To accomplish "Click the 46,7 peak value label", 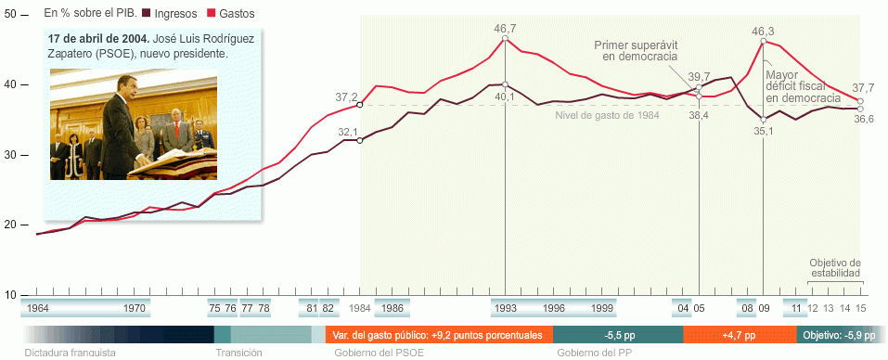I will click(506, 29).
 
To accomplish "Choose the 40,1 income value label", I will click(504, 96).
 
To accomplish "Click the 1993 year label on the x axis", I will click(505, 308).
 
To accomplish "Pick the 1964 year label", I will click(38, 308).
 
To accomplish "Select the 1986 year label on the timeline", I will click(392, 308).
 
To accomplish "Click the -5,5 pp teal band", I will click(613, 335).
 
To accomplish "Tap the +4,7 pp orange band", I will click(739, 335).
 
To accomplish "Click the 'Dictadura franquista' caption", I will click(71, 353).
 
